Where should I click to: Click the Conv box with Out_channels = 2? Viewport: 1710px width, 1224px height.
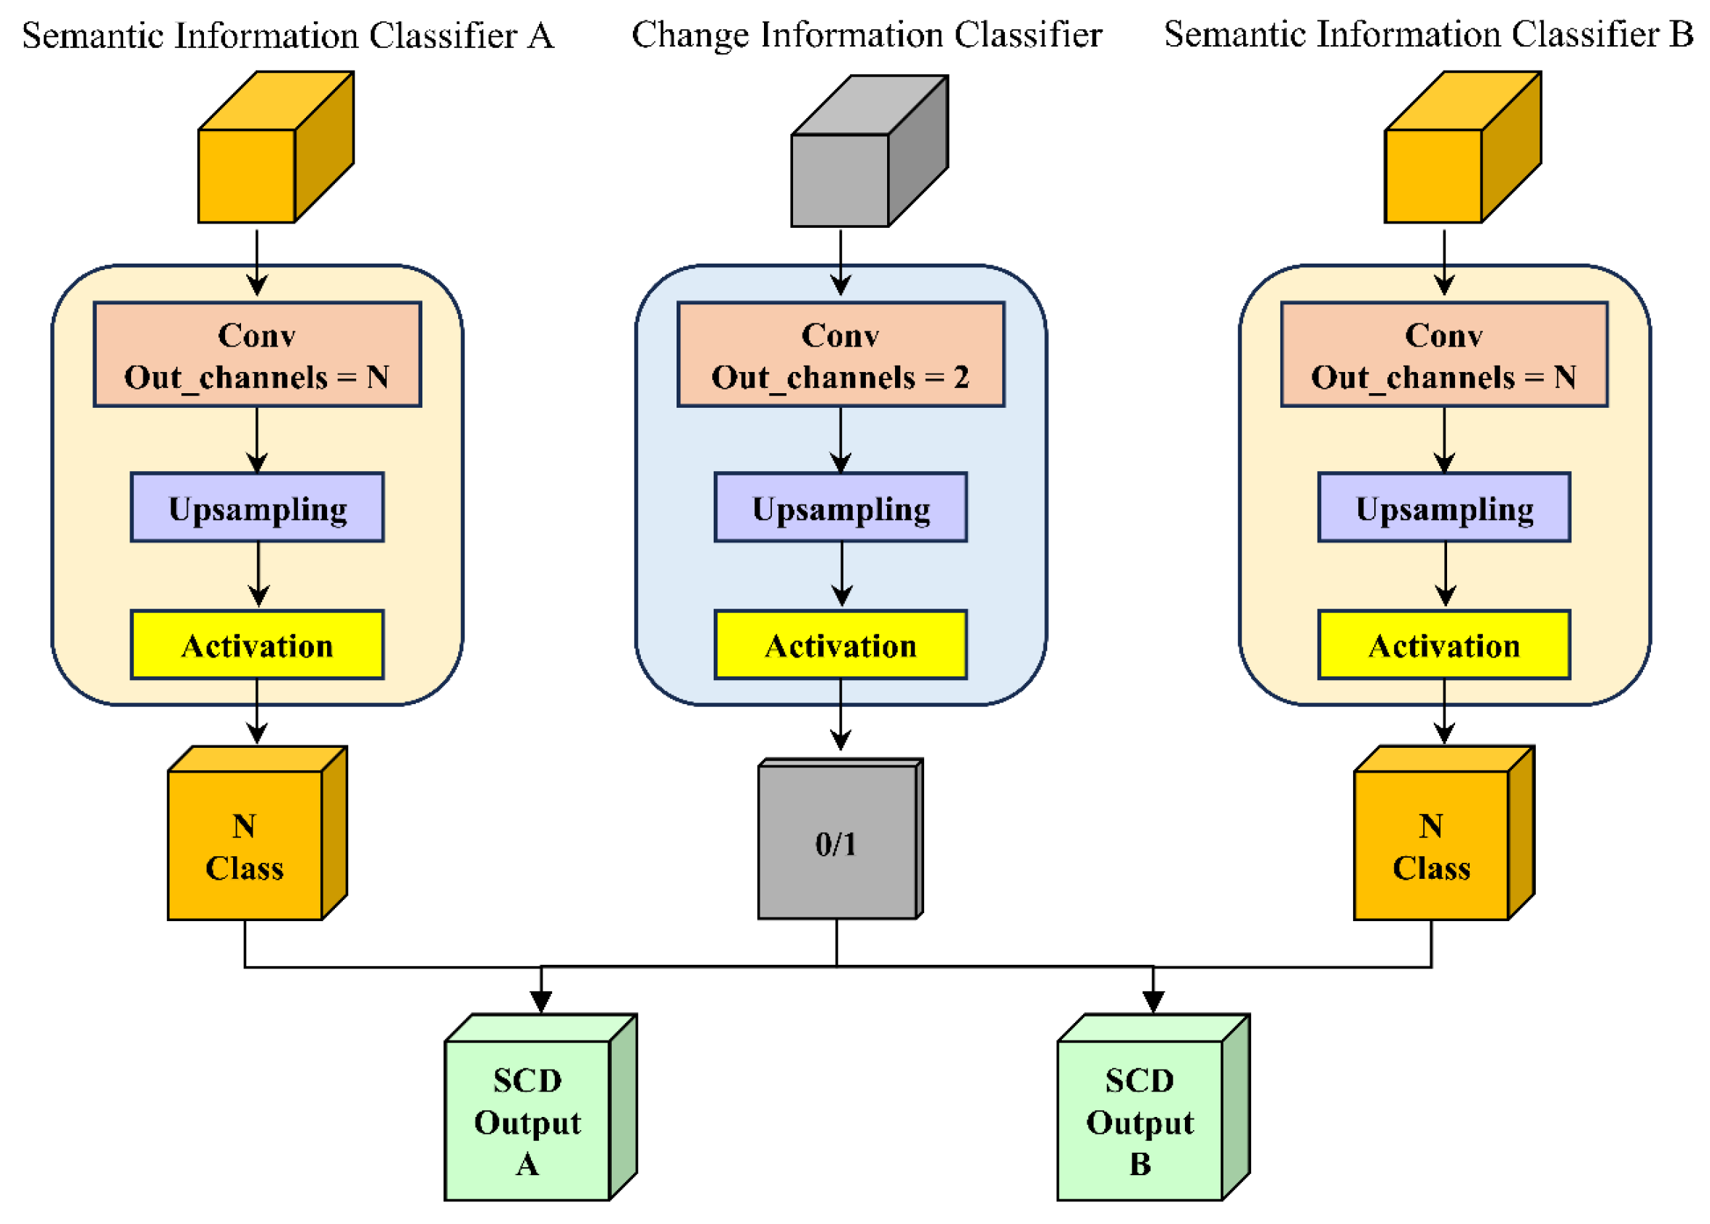840,354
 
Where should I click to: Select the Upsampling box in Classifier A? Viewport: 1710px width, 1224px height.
257,508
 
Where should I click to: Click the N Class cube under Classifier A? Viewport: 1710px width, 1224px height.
245,845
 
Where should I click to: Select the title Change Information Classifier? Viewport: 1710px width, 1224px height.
866,35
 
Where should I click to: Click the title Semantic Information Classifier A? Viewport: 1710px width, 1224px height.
288,36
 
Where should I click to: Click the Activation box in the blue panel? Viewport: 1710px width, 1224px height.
840,644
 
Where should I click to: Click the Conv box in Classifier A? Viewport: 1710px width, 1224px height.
257,354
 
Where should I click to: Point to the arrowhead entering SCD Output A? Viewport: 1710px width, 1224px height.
540,1000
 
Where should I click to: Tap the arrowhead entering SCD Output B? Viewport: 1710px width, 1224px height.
1152,1000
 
